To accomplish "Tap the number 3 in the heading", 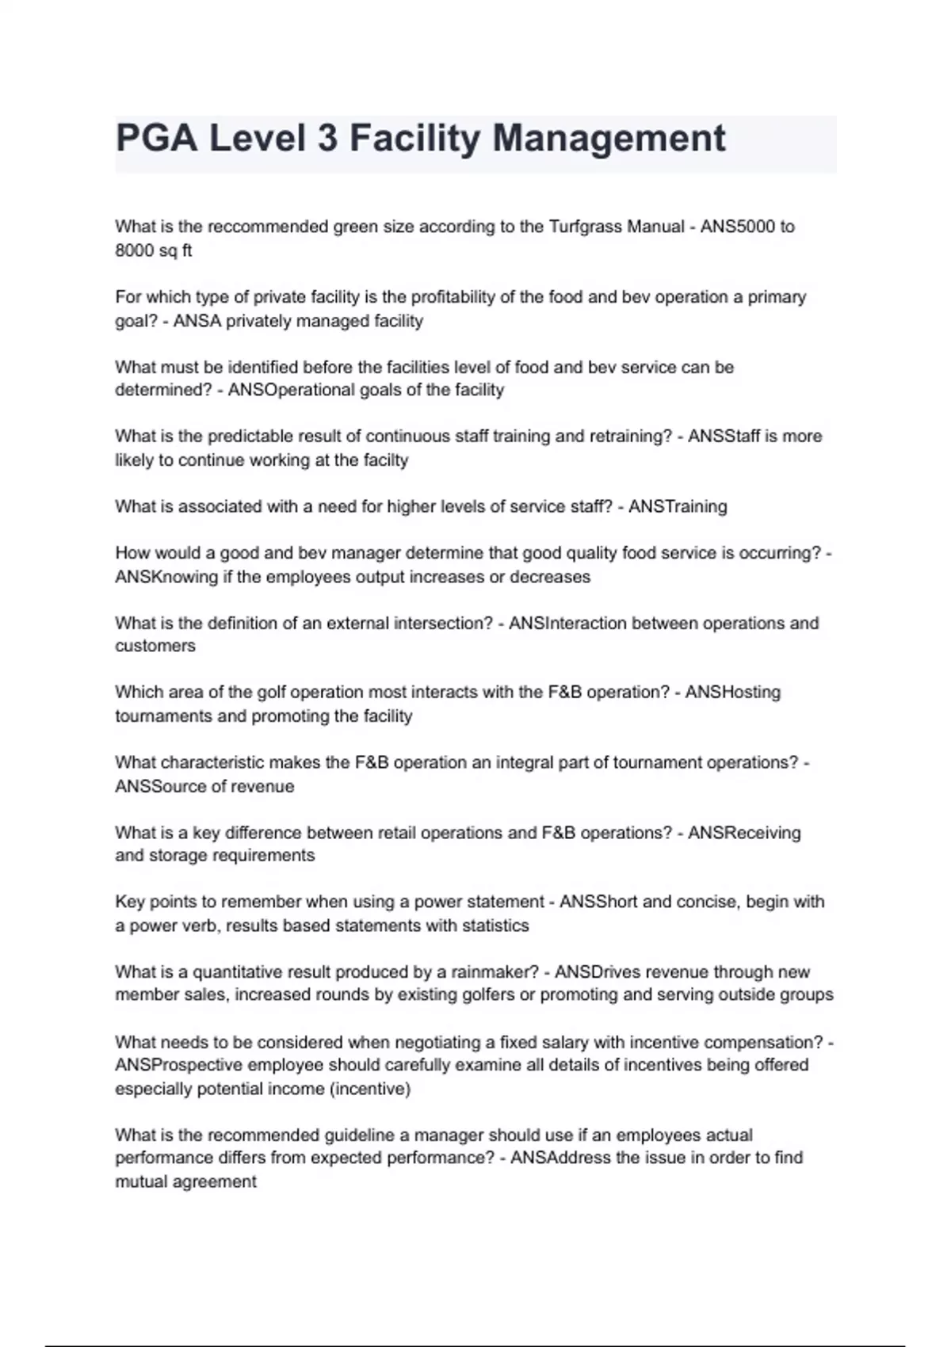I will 327,139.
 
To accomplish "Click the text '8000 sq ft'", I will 154,250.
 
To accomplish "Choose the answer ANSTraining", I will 678,506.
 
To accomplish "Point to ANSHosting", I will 733,693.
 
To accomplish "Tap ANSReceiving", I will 744,833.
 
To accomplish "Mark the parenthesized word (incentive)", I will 369,1089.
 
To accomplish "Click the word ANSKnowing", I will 166,578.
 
